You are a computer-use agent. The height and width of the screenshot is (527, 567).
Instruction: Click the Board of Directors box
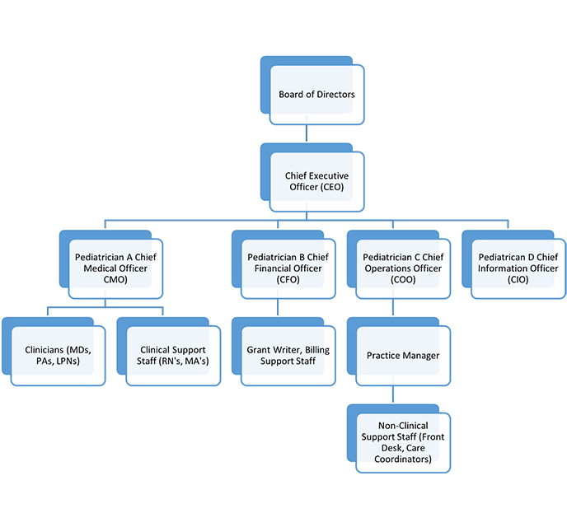pos(316,95)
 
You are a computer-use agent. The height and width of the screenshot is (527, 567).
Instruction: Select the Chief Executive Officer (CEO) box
pos(316,182)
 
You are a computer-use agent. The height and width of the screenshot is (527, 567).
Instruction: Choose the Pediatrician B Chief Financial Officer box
pos(288,268)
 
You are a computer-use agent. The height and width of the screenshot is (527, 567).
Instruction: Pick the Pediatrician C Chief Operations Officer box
pos(403,268)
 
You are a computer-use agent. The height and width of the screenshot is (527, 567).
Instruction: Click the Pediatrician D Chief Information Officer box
pos(518,268)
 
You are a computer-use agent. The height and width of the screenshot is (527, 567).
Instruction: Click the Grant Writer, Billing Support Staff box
pos(288,355)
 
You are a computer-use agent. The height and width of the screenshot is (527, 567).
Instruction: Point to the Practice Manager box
pos(403,356)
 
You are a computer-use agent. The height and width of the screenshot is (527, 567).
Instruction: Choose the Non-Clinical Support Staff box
pos(403,442)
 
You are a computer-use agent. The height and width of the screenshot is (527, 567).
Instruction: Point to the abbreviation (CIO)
pos(518,280)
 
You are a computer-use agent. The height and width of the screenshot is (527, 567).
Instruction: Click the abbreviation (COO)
pos(403,280)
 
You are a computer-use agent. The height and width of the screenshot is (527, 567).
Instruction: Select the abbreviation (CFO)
pos(288,280)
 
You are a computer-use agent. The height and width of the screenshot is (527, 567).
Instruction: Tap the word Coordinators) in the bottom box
pos(403,459)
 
